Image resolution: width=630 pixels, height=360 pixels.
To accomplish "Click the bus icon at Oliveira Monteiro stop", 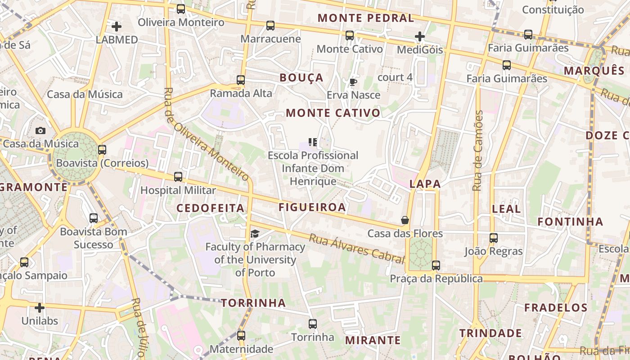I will pos(181,9).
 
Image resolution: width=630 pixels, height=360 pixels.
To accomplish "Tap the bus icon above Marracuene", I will pos(270,26).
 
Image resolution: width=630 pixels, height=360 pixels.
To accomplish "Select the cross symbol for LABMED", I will pos(117,27).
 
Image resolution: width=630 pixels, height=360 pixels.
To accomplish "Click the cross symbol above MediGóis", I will pos(420,36).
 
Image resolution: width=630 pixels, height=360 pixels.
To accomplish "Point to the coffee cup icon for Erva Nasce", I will pos(353,82).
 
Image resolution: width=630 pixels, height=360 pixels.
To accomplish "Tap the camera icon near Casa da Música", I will pos(40,131).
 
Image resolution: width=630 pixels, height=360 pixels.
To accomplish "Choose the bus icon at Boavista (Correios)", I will pos(102,150).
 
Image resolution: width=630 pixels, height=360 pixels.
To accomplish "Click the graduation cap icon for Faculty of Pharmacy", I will pos(255,234).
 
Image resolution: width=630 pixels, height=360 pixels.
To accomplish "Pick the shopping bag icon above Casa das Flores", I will pos(405,220).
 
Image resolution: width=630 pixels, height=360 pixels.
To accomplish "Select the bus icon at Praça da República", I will pos(436,265).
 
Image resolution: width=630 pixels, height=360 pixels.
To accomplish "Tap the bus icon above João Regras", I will pos(494,238).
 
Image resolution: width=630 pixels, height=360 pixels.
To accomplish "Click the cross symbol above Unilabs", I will pos(40,308).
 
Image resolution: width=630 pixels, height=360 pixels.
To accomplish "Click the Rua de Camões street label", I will pos(478,151).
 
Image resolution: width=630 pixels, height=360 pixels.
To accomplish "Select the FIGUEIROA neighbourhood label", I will pos(312,207).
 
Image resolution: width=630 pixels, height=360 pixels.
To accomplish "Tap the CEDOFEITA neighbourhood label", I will pos(210,208).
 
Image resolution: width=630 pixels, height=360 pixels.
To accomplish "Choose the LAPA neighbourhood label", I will pos(425,184).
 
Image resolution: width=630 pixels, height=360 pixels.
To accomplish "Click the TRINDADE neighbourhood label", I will pos(490,333).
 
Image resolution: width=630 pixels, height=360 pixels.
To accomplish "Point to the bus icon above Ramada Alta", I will pos(241,80).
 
